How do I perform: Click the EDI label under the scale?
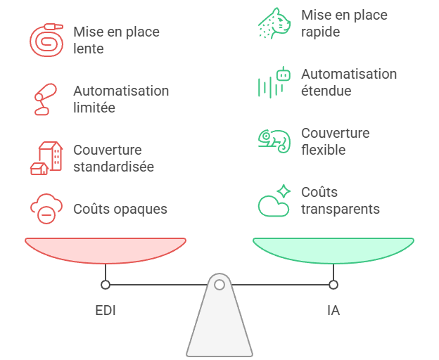[106, 309]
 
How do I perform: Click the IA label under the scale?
[333, 309]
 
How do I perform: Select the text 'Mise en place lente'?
[116, 41]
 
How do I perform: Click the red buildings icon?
[46, 157]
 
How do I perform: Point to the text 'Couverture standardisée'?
[113, 158]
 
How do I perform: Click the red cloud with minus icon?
[46, 209]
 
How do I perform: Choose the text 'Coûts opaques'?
[120, 209]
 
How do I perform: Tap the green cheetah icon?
[274, 23]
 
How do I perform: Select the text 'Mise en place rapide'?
[344, 23]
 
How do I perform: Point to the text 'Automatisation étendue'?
[349, 82]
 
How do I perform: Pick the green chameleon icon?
[274, 141]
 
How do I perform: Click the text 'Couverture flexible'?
[335, 141]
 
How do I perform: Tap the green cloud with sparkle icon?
[274, 201]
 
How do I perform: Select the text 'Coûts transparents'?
[341, 200]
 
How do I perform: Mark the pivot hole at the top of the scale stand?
[220, 285]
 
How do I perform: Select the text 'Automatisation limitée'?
[121, 99]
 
